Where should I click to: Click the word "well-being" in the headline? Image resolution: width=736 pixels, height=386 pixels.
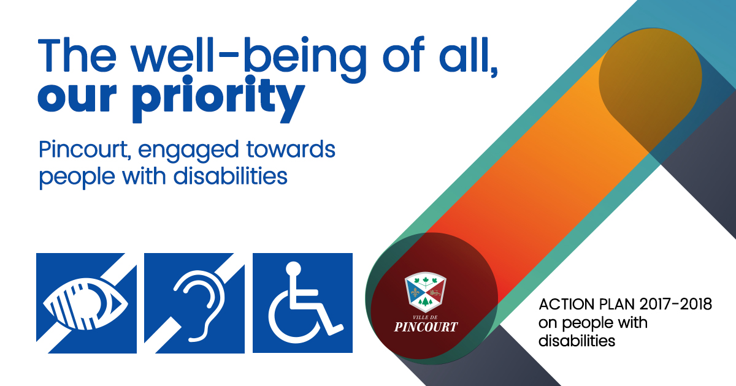(249, 59)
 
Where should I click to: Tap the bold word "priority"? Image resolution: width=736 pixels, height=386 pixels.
(218, 99)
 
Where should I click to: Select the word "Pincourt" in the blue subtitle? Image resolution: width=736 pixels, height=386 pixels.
(83, 150)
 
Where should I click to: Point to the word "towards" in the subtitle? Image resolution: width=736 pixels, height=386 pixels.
(291, 149)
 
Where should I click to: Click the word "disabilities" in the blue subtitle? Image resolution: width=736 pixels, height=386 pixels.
(231, 176)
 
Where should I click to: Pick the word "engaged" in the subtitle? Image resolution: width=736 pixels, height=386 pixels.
(188, 151)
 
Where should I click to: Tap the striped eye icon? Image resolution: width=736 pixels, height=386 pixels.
(86, 303)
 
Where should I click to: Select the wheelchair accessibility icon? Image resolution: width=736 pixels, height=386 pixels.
(302, 303)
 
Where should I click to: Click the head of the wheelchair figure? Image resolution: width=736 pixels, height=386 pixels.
(293, 269)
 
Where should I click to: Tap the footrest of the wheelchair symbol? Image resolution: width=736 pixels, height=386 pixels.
(335, 330)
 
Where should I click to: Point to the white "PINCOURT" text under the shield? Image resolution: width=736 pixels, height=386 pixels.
(426, 327)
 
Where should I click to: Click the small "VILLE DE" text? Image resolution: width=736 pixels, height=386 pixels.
(426, 317)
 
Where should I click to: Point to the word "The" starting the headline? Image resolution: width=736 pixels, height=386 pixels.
(77, 55)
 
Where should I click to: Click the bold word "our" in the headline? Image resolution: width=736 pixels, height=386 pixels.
(77, 98)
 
